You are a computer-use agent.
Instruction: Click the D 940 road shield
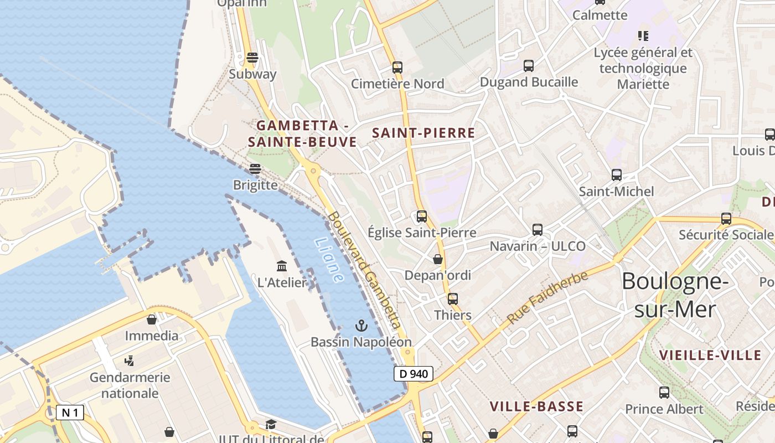point(413,374)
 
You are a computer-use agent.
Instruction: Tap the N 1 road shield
point(70,413)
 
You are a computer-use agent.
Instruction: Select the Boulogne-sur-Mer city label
point(675,295)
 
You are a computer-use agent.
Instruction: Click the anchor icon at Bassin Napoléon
point(361,325)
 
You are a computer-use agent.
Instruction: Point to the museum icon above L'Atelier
point(282,266)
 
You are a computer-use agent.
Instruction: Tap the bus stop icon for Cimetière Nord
point(397,68)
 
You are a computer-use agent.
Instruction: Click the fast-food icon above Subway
point(252,58)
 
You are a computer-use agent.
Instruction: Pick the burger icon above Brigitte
point(255,168)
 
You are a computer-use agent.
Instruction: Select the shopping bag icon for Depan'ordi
point(438,259)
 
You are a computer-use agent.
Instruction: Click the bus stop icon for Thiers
point(453,299)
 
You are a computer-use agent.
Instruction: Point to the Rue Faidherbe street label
point(547,298)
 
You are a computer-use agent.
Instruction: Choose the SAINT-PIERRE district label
point(423,133)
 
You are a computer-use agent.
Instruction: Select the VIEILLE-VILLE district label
point(710,355)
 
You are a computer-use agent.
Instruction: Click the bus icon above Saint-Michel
point(617,175)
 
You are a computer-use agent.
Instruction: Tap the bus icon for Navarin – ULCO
point(537,229)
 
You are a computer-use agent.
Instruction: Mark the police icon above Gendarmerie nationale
point(130,361)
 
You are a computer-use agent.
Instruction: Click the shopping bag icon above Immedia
point(152,320)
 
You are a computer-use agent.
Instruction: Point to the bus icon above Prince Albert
point(664,393)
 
